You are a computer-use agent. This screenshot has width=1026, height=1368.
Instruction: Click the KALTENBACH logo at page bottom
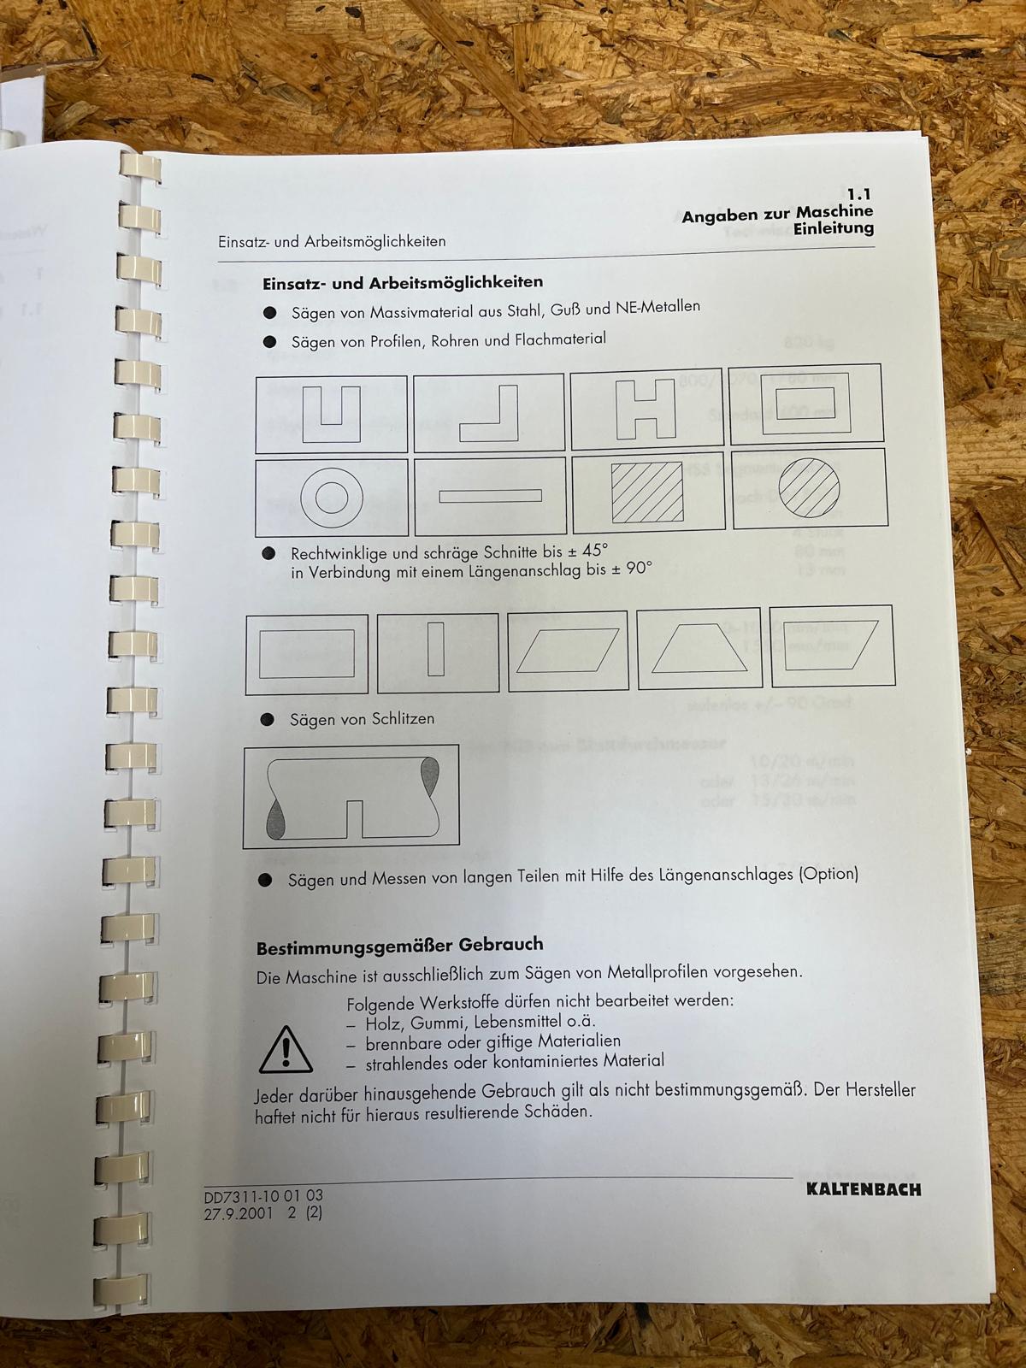pyautogui.click(x=864, y=1188)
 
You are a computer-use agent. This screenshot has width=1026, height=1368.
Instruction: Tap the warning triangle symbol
pyautogui.click(x=286, y=1049)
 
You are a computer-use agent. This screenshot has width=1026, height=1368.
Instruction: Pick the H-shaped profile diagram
pyautogui.click(x=646, y=409)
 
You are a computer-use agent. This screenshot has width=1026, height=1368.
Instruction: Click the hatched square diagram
pyautogui.click(x=647, y=492)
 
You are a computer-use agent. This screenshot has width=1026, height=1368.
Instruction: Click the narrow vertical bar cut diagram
pyautogui.click(x=436, y=649)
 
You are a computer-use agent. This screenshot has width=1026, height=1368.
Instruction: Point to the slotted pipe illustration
pyautogui.click(x=351, y=796)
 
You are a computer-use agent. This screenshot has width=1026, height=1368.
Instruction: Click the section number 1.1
pyautogui.click(x=859, y=195)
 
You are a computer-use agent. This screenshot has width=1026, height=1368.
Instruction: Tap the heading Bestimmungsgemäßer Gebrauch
pyautogui.click(x=400, y=945)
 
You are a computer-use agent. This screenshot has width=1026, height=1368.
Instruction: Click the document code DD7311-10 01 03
pyautogui.click(x=263, y=1195)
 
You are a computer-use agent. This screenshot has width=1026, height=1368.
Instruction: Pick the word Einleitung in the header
pyautogui.click(x=834, y=228)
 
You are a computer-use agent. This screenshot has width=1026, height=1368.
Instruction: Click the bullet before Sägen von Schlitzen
pyautogui.click(x=268, y=720)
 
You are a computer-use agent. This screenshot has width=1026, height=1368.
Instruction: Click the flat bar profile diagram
pyautogui.click(x=490, y=495)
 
